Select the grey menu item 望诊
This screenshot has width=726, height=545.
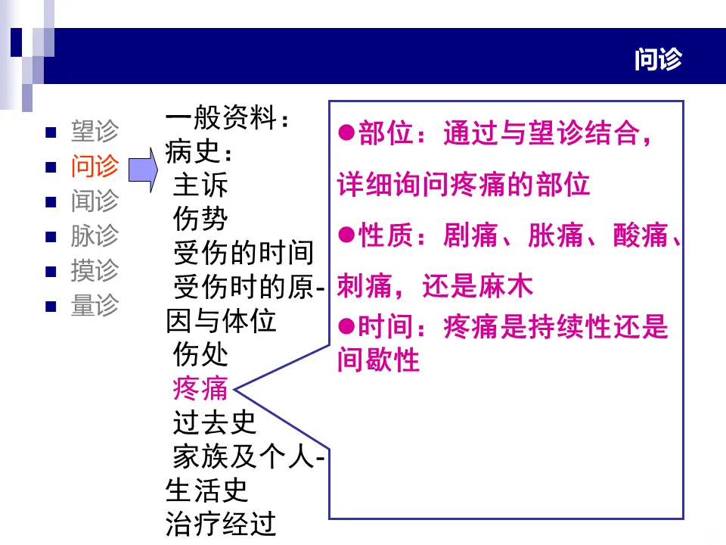click(95, 131)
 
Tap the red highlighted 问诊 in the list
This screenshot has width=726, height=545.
click(95, 166)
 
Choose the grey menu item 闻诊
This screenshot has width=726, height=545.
click(95, 201)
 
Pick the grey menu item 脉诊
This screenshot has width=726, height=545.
click(95, 235)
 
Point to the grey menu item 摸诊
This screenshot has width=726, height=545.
click(95, 270)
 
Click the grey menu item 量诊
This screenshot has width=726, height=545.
click(95, 305)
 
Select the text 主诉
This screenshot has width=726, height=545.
click(200, 185)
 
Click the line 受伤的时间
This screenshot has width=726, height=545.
click(243, 253)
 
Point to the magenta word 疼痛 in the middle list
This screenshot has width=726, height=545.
click(200, 388)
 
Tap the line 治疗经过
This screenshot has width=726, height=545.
click(221, 524)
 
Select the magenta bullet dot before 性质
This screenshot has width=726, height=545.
click(346, 236)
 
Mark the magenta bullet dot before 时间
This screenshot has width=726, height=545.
click(346, 327)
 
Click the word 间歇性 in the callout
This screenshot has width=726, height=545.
click(378, 360)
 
